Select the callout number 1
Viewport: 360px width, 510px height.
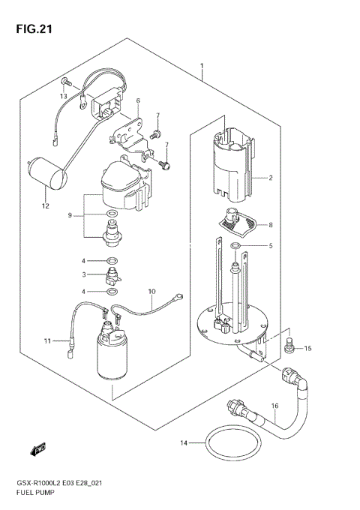tap(202, 67)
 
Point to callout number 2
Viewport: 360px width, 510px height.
tap(271, 178)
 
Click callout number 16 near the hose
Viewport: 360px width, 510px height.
tap(274, 406)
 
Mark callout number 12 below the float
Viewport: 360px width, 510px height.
tap(45, 206)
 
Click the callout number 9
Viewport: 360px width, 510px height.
tap(70, 216)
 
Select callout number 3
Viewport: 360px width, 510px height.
tap(85, 274)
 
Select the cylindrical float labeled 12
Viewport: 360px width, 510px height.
tap(44, 173)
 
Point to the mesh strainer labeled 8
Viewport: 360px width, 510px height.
tap(238, 222)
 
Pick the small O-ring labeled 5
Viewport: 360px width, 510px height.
tap(235, 245)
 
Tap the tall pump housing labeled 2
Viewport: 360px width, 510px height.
tap(231, 161)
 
